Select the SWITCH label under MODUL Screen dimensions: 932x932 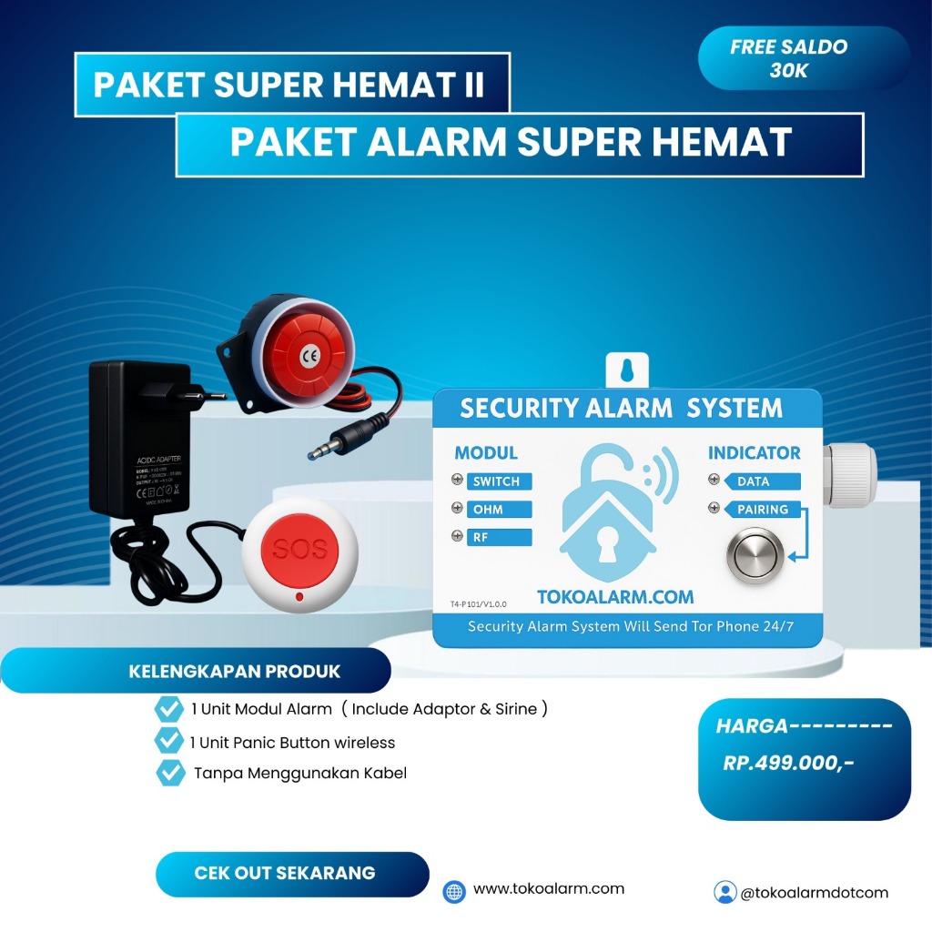click(496, 481)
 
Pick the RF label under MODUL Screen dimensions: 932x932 click(481, 538)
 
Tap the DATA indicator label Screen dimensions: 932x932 click(754, 481)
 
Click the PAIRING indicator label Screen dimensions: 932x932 click(763, 510)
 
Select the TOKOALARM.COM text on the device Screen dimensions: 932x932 click(615, 597)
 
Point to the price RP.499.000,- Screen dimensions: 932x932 click(789, 764)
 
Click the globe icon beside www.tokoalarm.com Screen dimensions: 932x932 click(454, 891)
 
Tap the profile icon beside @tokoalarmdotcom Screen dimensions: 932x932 click(724, 892)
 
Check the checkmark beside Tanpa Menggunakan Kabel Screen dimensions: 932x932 click(170, 773)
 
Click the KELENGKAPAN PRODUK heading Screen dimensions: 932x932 click(234, 672)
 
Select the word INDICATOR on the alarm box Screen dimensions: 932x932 click(755, 452)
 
